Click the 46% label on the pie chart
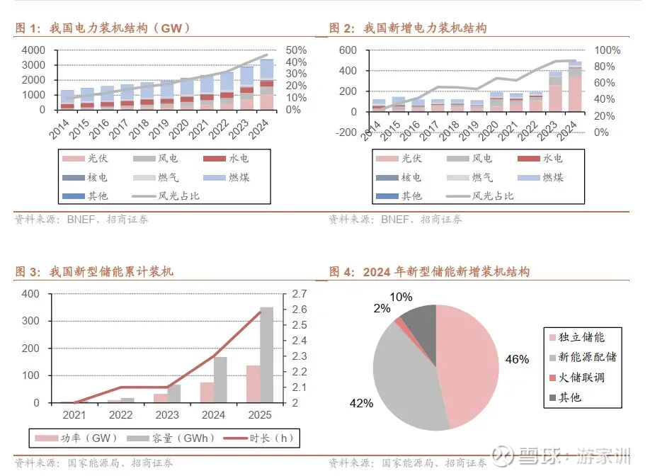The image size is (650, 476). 517,359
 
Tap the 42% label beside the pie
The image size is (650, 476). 361,403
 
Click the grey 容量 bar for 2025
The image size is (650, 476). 266,354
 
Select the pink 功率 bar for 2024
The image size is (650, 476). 207,392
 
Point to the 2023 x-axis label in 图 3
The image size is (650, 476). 167,415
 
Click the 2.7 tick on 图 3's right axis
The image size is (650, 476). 299,294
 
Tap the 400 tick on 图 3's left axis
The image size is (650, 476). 32,294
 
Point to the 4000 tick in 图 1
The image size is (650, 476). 34,50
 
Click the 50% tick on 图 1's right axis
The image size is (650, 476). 296,50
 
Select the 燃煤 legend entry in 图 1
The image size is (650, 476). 234,177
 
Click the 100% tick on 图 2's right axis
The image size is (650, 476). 607,50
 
